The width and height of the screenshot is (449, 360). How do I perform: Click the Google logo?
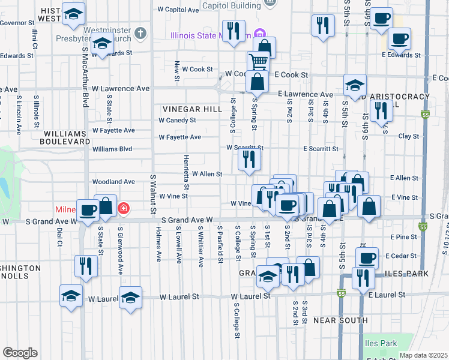(x=20, y=352)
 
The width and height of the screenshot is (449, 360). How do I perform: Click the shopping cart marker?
(x=258, y=61)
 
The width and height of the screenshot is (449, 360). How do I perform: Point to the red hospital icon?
(x=124, y=209)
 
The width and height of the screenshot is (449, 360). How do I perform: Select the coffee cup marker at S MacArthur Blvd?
(x=88, y=209)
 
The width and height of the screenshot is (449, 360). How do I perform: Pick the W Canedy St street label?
(x=177, y=120)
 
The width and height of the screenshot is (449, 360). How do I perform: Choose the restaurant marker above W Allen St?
(x=249, y=159)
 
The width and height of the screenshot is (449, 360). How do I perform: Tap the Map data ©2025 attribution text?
(x=424, y=355)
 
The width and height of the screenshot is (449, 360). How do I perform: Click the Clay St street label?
(x=409, y=136)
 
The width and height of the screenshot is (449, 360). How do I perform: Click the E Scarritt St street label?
(x=321, y=148)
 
